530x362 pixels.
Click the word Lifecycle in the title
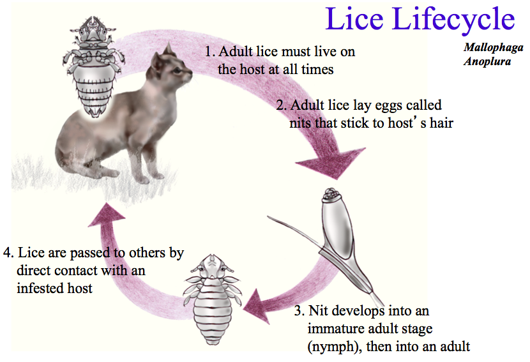453,19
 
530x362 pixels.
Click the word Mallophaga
494,48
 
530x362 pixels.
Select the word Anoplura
487,61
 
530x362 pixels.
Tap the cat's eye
177,70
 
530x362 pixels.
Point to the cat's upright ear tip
169,43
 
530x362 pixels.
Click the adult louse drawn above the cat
93,66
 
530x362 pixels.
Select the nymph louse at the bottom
212,299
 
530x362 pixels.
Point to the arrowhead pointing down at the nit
331,163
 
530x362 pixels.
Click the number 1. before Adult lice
210,52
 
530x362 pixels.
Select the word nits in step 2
301,123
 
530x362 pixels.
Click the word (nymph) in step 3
333,347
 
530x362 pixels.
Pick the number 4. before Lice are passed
8,252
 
